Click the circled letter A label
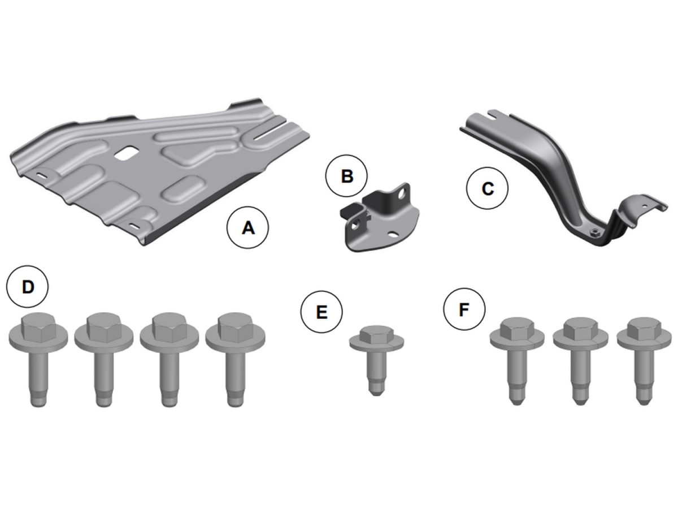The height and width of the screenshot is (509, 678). tap(247, 228)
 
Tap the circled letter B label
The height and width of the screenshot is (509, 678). tap(346, 176)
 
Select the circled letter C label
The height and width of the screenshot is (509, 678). tap(487, 188)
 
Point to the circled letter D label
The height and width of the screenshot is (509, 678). tap(28, 287)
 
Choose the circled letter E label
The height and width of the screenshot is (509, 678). tap(322, 311)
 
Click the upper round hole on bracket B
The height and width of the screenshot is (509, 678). tap(402, 195)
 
